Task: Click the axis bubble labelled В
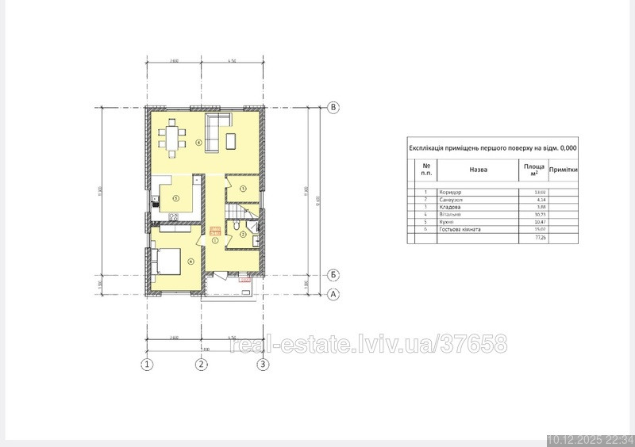(x=334, y=107)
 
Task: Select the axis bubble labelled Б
(x=334, y=275)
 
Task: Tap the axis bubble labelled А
(x=334, y=294)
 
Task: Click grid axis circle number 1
(x=146, y=365)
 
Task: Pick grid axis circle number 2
(x=202, y=365)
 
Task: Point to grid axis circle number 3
(x=263, y=365)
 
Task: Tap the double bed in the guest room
(x=167, y=261)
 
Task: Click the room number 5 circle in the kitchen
(x=175, y=197)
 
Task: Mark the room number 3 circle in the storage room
(x=243, y=188)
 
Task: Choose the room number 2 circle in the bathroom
(x=243, y=233)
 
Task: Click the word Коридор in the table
(x=450, y=193)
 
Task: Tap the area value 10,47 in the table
(x=540, y=222)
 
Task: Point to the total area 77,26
(x=540, y=237)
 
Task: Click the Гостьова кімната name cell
(x=460, y=229)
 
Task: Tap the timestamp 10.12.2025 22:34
(x=590, y=440)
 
